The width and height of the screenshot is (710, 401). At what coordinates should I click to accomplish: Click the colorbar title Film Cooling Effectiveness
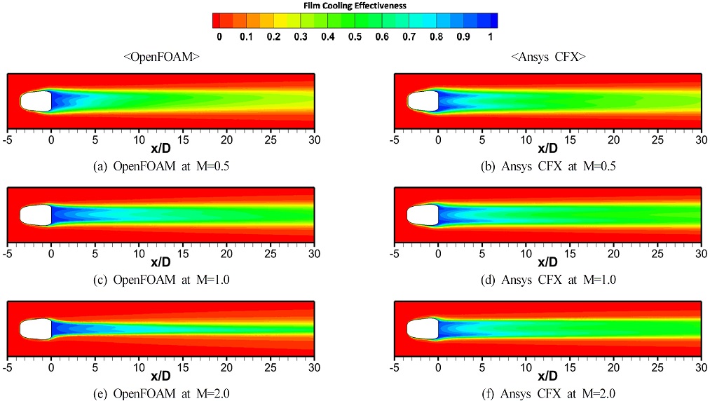(x=355, y=6)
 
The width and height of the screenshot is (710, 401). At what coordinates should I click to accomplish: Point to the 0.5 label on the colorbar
(x=355, y=36)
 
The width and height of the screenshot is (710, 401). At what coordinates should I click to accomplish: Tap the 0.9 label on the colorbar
(x=463, y=36)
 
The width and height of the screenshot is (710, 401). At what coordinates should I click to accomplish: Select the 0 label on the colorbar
(x=219, y=36)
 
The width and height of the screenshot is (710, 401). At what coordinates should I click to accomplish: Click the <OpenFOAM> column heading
(x=161, y=57)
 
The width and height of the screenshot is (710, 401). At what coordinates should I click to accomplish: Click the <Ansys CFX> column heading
(x=548, y=57)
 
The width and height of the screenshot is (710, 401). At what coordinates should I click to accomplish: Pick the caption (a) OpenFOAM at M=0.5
(x=161, y=166)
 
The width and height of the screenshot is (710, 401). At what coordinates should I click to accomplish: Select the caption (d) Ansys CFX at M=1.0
(x=548, y=280)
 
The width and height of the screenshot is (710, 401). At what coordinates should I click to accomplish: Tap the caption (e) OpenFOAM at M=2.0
(x=161, y=394)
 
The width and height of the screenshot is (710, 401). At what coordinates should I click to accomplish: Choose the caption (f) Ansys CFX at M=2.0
(x=548, y=394)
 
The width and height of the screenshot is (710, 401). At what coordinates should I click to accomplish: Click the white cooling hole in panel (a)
(x=36, y=101)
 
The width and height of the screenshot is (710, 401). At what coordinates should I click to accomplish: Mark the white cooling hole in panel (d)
(x=423, y=215)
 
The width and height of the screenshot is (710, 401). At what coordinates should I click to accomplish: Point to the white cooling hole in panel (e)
(x=36, y=329)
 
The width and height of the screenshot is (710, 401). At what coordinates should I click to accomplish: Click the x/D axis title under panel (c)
(x=161, y=262)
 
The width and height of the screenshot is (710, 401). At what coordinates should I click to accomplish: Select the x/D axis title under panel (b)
(x=548, y=149)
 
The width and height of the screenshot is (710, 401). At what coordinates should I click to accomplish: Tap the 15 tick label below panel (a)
(x=183, y=140)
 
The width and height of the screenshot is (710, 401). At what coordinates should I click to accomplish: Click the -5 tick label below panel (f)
(x=395, y=367)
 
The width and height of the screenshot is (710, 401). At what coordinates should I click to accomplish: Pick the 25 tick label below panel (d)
(x=658, y=253)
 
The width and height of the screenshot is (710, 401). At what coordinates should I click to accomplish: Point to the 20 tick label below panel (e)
(x=227, y=367)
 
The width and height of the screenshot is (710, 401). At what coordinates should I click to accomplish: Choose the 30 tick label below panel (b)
(x=702, y=140)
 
